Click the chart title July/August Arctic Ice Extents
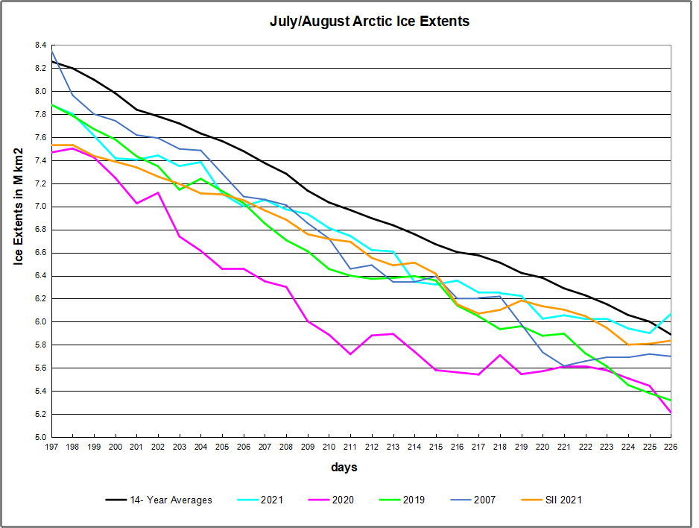pos(370,22)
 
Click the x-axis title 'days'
pos(344,468)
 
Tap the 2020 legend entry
pos(342,500)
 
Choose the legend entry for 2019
pos(413,500)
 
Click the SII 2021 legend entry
pos(564,500)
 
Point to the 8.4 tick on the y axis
pos(40,45)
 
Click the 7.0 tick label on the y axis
pos(40,207)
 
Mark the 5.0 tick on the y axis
pos(40,437)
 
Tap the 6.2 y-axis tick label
pos(40,299)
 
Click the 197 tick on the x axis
pos(51,446)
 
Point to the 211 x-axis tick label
pos(350,446)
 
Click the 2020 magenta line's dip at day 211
pos(350,353)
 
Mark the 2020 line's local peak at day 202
pos(158,192)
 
